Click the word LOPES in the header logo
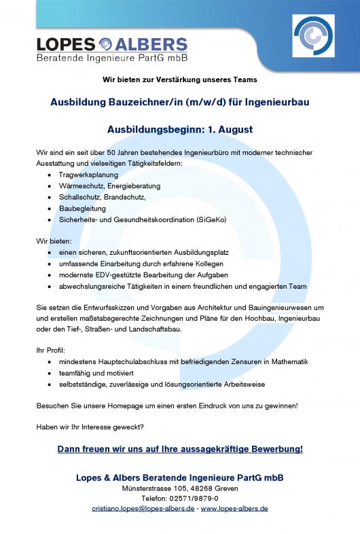pyautogui.click(x=65, y=45)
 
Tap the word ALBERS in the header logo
pyautogui.click(x=151, y=45)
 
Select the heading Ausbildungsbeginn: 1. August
pyautogui.click(x=180, y=129)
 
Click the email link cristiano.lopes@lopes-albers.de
pyautogui.click(x=143, y=508)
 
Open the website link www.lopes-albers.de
pyautogui.click(x=234, y=508)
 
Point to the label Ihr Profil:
pyautogui.click(x=51, y=350)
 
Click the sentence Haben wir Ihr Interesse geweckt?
pyautogui.click(x=90, y=427)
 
